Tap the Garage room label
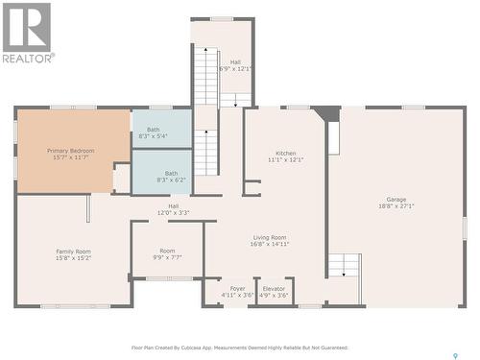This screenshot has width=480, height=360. pyautogui.click(x=396, y=200)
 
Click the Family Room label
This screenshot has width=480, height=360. pyautogui.click(x=73, y=252)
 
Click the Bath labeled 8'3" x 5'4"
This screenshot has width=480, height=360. pyautogui.click(x=154, y=130)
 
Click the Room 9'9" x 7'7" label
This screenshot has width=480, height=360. pyautogui.click(x=167, y=251)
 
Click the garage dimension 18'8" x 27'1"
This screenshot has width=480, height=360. pyautogui.click(x=396, y=206)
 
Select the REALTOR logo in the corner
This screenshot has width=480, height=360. pyautogui.click(x=27, y=34)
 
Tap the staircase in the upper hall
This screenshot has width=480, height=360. pyautogui.click(x=205, y=77)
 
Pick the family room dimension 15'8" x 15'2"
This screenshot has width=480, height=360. pyautogui.click(x=73, y=258)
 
